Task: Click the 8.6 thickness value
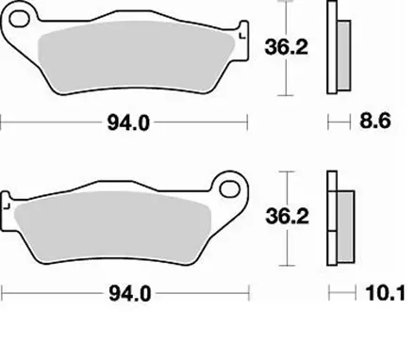(x=380, y=123)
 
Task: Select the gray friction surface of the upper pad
(x=132, y=57)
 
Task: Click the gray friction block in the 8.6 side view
(x=340, y=57)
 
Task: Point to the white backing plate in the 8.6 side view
(x=331, y=47)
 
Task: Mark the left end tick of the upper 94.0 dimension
(x=2, y=123)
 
